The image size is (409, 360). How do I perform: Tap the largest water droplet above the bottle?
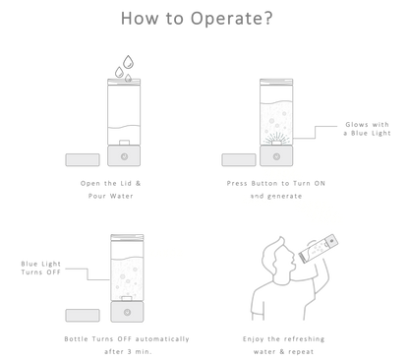(128, 62)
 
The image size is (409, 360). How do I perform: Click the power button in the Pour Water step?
(124, 156)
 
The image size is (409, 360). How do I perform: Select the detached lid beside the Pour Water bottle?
(83, 160)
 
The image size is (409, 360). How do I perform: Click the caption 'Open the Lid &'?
(111, 183)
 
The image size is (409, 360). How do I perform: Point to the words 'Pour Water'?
(111, 196)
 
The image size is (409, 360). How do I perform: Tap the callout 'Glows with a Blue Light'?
(367, 129)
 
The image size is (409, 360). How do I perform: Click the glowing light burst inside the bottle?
(276, 139)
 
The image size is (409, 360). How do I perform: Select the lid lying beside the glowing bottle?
(239, 160)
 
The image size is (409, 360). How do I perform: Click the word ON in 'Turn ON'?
(320, 183)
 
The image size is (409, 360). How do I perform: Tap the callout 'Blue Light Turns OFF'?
(41, 268)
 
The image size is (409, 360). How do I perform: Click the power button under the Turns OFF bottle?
(127, 312)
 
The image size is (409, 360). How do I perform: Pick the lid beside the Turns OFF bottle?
(83, 316)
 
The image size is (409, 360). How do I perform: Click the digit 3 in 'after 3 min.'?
(130, 352)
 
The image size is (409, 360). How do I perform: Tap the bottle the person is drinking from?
(319, 249)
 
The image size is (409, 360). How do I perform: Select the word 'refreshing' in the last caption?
(304, 339)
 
